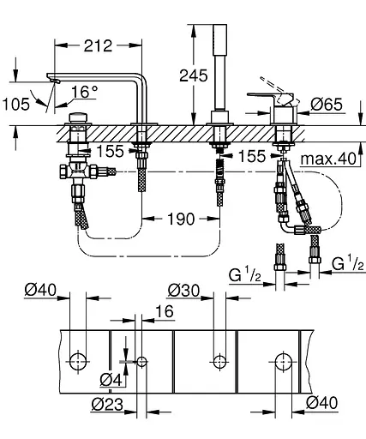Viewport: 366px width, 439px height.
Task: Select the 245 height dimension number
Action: coord(192,75)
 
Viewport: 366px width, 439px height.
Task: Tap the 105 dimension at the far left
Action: coord(16,104)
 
